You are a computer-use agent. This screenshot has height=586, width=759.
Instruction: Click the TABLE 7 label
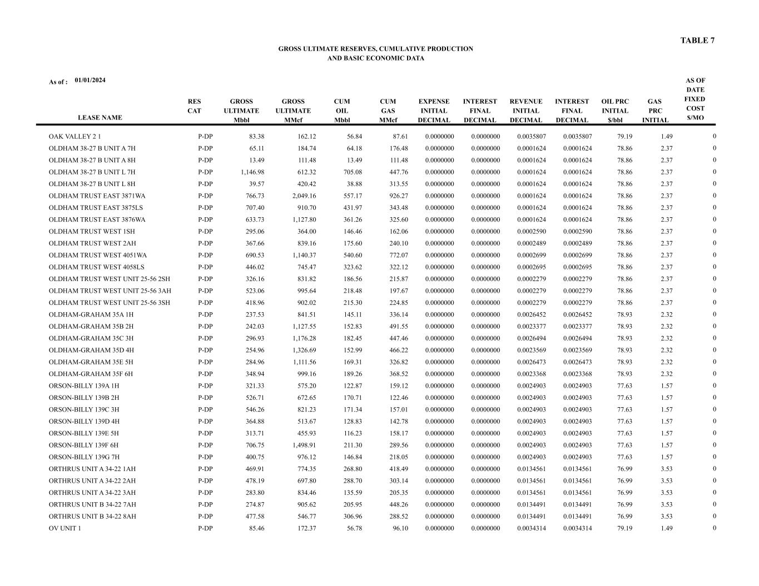coord(697,41)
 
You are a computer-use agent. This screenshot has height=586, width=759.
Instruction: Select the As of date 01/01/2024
coord(90,81)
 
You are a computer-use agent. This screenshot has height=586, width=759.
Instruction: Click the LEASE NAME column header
coord(100,118)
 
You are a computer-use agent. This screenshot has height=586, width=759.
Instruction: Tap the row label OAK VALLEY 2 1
coord(75,137)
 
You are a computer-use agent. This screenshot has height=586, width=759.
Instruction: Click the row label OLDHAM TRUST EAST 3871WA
coord(97,196)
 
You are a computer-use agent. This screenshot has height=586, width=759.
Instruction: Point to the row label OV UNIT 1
coord(65,528)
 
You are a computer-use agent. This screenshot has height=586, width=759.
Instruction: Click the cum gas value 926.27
coord(398,196)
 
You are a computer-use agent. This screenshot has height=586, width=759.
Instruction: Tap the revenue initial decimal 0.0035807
coord(531,137)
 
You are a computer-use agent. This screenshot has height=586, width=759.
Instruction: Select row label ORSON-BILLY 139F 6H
coord(83,445)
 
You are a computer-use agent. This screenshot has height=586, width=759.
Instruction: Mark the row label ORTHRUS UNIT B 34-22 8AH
coord(92,517)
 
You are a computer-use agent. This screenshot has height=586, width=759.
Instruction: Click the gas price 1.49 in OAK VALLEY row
coord(667,137)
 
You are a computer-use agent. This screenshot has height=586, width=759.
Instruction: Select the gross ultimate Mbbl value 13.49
coord(255,161)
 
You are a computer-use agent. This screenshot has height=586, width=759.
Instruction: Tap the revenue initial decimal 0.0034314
coord(531,528)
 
